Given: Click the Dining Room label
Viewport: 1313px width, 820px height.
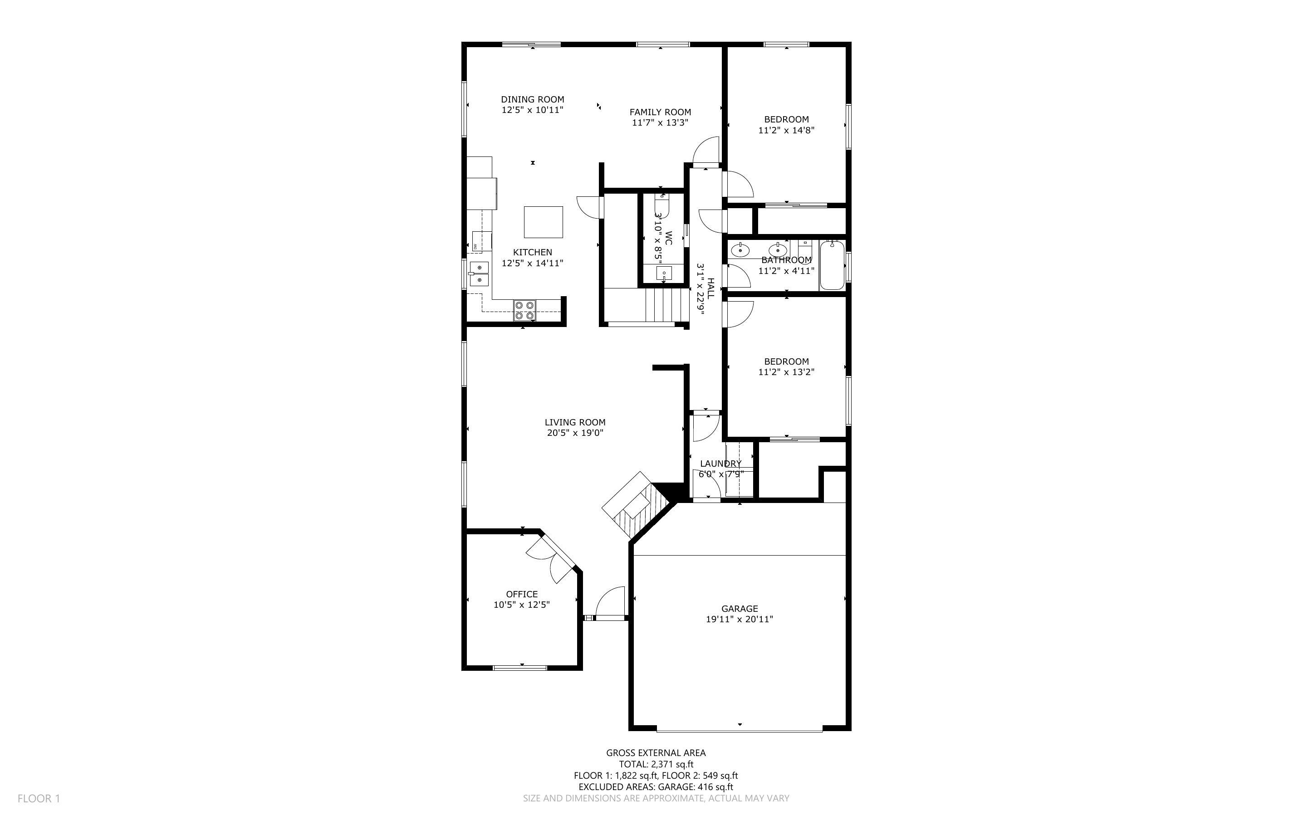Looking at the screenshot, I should (532, 99).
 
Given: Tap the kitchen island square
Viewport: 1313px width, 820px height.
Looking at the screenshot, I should (543, 222).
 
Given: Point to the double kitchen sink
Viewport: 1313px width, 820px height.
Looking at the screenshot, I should (100, 273).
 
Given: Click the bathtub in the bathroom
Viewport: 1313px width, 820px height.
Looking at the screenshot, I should (832, 266).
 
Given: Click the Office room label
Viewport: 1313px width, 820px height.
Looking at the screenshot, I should (522, 594).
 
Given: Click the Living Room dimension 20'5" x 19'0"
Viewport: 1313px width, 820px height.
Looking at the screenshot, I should (575, 433).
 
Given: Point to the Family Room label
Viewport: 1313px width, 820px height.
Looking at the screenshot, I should (660, 112).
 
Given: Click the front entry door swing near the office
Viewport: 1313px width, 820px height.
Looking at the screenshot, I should (611, 602).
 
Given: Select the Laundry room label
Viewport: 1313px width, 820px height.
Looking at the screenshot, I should (720, 464).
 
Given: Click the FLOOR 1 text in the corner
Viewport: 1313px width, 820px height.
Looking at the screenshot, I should (39, 798).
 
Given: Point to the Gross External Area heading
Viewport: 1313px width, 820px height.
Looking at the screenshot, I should (656, 753).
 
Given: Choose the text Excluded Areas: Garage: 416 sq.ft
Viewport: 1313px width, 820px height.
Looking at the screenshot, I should (656, 787).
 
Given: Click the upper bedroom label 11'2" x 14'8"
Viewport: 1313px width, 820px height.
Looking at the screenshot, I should (786, 130).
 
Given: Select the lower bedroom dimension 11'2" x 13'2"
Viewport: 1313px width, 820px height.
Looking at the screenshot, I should (786, 372).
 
